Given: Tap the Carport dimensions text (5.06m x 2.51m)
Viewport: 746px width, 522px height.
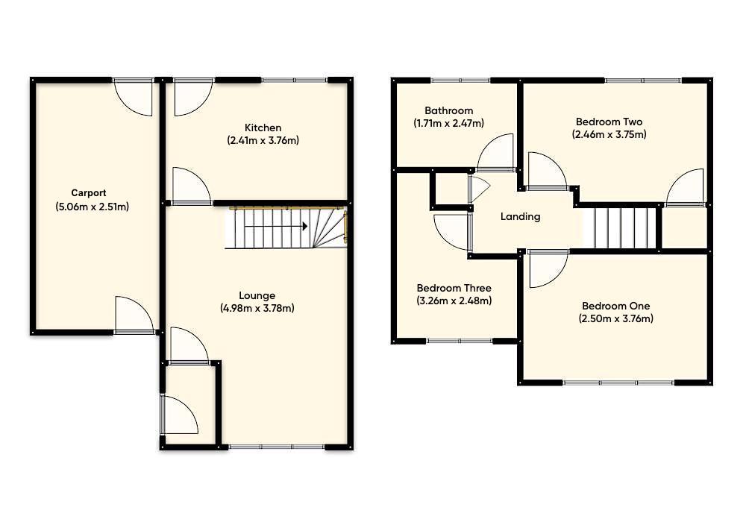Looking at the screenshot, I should coord(92,207).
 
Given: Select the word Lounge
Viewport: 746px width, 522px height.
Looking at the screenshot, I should coord(257,295).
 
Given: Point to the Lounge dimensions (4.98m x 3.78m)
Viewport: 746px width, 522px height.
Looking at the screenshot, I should coord(257,308).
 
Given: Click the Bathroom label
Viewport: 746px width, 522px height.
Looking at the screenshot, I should coord(448,110).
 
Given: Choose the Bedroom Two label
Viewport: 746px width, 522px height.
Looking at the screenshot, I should coord(609,122).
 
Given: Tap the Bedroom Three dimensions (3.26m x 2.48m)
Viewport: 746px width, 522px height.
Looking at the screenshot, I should coord(454,301).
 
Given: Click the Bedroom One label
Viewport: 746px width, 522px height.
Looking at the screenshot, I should coord(615,306).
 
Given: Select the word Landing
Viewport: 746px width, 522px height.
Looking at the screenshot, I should coord(520,217).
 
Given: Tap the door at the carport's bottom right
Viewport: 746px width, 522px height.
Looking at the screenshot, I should coord(134,315).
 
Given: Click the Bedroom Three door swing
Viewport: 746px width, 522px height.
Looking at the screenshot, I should coord(451,232).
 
